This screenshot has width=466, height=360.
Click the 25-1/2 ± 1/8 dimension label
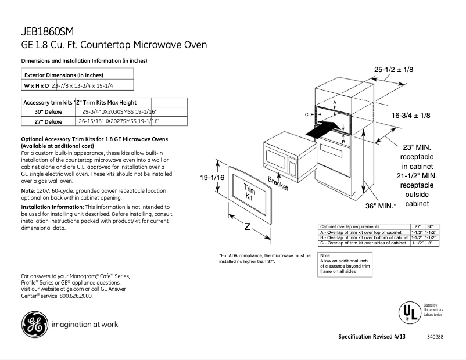[x=393, y=70]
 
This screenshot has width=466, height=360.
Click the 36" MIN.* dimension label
[x=381, y=206]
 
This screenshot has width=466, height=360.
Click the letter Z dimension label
[x=246, y=227]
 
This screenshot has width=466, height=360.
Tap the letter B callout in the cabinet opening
[x=343, y=141]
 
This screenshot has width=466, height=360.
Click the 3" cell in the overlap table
[x=430, y=243]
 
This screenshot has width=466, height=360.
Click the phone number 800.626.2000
[x=76, y=296]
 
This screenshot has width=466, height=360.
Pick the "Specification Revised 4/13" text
[x=371, y=337]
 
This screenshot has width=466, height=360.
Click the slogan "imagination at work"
[x=85, y=325]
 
